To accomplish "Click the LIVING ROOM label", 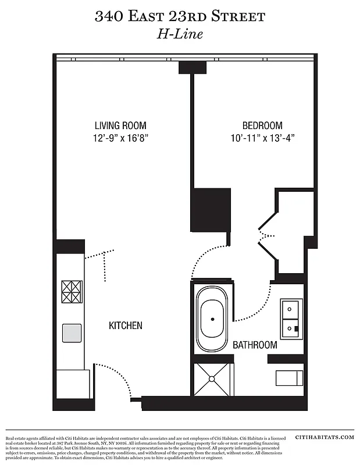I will point(120,126).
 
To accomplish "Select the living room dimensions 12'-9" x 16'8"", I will point(120,138).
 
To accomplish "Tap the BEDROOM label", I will point(262,126).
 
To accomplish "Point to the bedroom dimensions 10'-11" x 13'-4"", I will point(262,138).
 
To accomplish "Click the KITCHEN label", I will point(126,325).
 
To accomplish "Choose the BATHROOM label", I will point(255,345).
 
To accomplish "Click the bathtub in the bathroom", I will point(212,320).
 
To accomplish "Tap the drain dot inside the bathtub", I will point(212,320).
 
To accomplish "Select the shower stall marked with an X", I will point(212,379).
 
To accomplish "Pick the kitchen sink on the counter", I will point(72,332).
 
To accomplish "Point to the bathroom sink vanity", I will point(290,319).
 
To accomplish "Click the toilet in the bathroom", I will point(289,378).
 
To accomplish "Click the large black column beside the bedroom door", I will point(211,210).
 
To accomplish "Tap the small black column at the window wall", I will point(193,67).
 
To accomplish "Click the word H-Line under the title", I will point(180,34).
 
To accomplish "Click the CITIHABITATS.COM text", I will point(324,437).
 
